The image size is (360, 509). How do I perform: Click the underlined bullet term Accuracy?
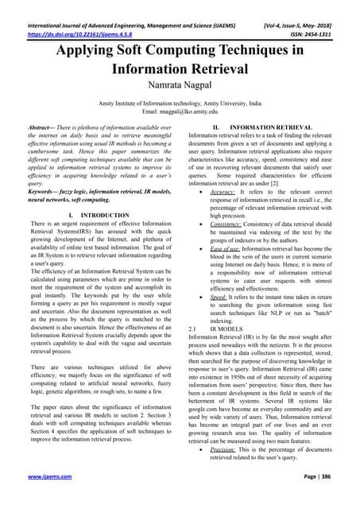coord(222,192)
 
